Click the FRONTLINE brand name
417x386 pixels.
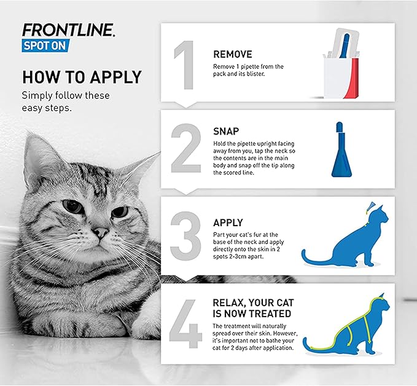pyautogui.click(x=68, y=30)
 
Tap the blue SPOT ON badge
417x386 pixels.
pyautogui.click(x=45, y=45)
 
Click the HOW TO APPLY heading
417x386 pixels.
pyautogui.click(x=82, y=77)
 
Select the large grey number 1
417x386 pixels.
pyautogui.click(x=184, y=65)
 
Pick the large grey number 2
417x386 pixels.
pyautogui.click(x=186, y=148)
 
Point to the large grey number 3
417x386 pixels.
pyautogui.click(x=185, y=236)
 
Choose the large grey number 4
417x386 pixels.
pyautogui.click(x=185, y=323)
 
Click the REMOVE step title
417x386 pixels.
pyautogui.click(x=232, y=54)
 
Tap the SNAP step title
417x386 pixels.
pyautogui.click(x=226, y=132)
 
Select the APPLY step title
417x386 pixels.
pyautogui.click(x=228, y=223)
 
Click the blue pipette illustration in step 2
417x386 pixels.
pyautogui.click(x=341, y=149)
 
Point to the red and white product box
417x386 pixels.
pyautogui.click(x=341, y=64)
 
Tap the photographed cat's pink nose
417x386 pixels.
pyautogui.click(x=101, y=232)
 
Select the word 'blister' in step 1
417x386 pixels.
pyautogui.click(x=255, y=74)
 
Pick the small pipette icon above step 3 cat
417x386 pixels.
pyautogui.click(x=370, y=208)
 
